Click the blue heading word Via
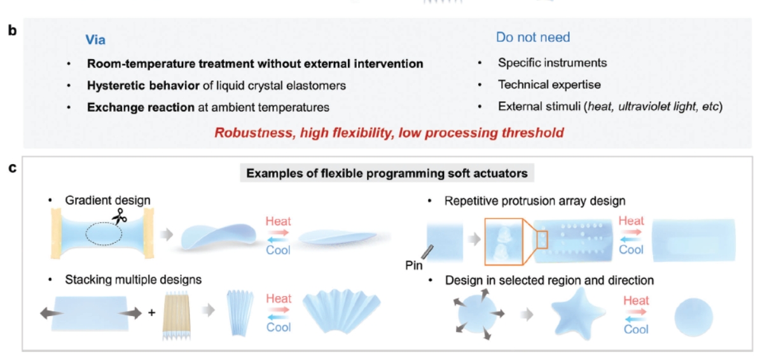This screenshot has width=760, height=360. tap(95, 40)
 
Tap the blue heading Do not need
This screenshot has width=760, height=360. tap(532, 37)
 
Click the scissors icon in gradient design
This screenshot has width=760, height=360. tap(119, 218)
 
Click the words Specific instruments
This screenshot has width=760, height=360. tap(552, 63)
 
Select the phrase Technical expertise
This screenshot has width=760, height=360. tap(549, 85)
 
